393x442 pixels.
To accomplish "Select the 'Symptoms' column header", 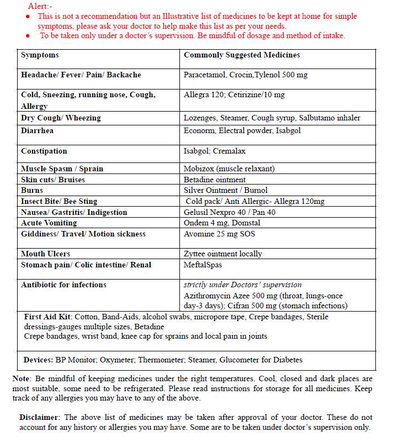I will [40, 55].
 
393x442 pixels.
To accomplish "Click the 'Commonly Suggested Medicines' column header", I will [242, 55].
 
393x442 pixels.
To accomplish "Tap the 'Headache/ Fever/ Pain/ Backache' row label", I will [81, 75].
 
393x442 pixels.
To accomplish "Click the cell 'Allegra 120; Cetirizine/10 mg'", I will [234, 95].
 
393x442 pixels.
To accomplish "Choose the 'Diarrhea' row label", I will [37, 131].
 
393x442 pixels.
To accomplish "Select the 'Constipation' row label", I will [44, 151].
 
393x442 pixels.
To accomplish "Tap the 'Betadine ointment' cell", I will [215, 180].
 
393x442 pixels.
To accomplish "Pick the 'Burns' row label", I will [32, 191].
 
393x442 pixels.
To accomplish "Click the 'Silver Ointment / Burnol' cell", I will [225, 191].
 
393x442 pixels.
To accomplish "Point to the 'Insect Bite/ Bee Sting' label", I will [59, 202].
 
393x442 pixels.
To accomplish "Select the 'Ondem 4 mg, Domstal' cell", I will [222, 223].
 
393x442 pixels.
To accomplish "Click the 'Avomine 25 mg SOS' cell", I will [219, 234].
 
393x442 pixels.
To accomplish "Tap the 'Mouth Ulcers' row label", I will [46, 254].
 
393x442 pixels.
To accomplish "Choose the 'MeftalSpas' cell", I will [203, 265].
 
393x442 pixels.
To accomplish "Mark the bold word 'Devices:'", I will [38, 360].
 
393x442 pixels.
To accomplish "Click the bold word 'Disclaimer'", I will [40, 418].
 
